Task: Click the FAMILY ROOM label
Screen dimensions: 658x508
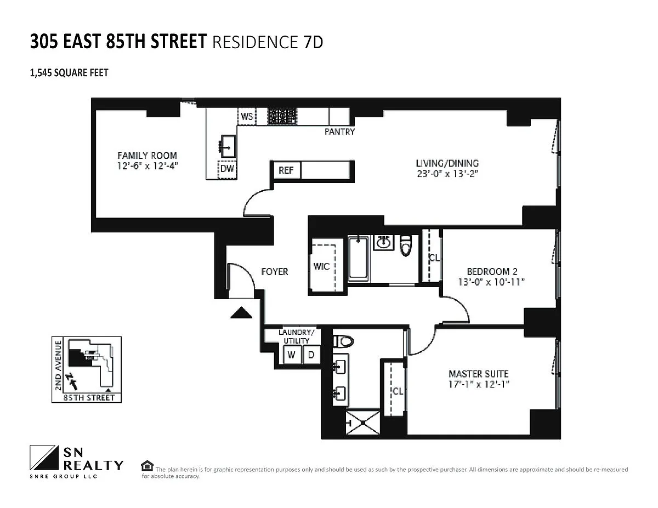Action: pyautogui.click(x=147, y=156)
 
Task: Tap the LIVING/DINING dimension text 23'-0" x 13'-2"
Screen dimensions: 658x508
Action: pyautogui.click(x=447, y=174)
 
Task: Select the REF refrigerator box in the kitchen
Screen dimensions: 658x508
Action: pyautogui.click(x=286, y=170)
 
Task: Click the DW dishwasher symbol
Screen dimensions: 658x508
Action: pyautogui.click(x=228, y=169)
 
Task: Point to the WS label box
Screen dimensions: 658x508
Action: pyautogui.click(x=247, y=116)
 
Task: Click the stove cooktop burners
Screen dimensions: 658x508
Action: pyautogui.click(x=282, y=117)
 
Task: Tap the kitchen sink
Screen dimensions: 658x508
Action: pyautogui.click(x=228, y=146)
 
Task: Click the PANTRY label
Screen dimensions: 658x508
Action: pyautogui.click(x=339, y=132)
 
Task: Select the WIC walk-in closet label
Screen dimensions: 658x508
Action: pyautogui.click(x=321, y=266)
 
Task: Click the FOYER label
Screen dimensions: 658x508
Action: pyautogui.click(x=275, y=272)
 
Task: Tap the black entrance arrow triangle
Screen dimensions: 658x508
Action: pyautogui.click(x=241, y=312)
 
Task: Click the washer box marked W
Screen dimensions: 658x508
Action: pyautogui.click(x=292, y=355)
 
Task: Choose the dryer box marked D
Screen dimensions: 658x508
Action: pyautogui.click(x=311, y=355)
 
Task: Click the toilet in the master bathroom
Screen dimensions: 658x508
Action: pyautogui.click(x=343, y=341)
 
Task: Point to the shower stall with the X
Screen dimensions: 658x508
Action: pyautogui.click(x=362, y=423)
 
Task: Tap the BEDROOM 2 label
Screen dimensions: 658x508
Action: pyautogui.click(x=492, y=271)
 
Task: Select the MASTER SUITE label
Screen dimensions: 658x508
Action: pyautogui.click(x=479, y=374)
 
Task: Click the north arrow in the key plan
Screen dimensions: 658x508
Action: pyautogui.click(x=73, y=382)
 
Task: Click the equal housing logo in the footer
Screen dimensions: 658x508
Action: pyautogui.click(x=147, y=466)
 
